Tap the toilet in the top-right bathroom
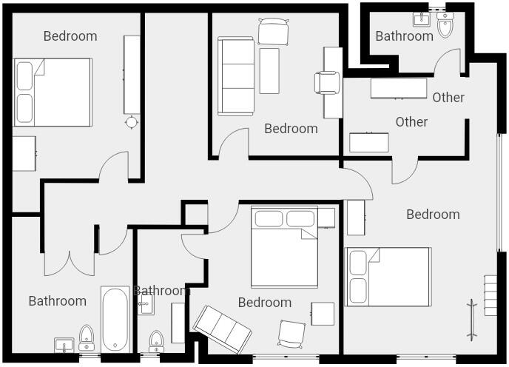pos(445,27)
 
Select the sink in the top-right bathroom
pos(422,18)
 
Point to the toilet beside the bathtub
pos(87,337)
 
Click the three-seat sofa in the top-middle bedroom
pos(235,76)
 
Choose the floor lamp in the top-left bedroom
pos(132,122)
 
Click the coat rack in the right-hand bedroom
pos(471,319)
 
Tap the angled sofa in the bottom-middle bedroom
pos(221,327)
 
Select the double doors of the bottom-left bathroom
pos(69,263)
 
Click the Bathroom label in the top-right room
pos(404,36)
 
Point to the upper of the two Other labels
pos(448,97)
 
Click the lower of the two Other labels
pos(411,121)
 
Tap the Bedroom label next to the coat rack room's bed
pos(433,214)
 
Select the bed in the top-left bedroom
pos(53,92)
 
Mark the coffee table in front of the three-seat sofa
pos(269,70)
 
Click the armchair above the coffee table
pos(272,31)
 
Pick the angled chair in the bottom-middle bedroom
pos(291,333)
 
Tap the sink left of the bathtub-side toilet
pos(64,345)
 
